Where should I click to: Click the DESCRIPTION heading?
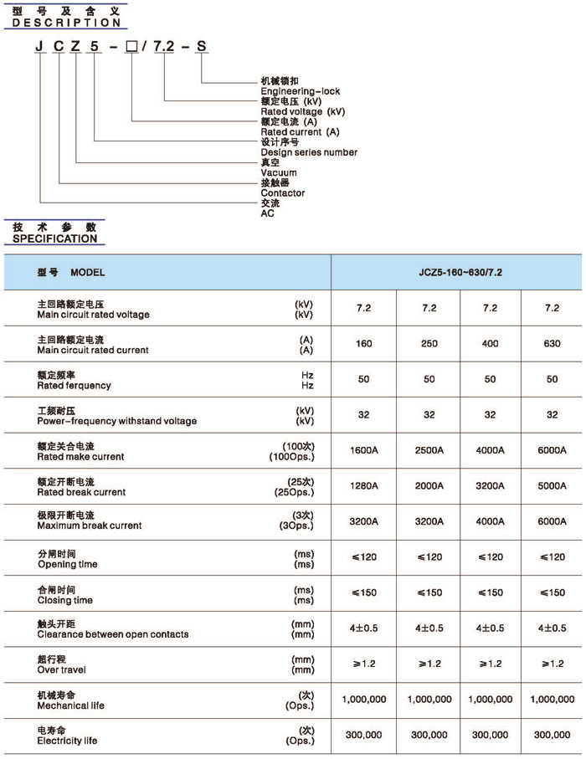[62, 23]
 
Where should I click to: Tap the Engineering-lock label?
[301, 91]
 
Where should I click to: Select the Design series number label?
[309, 152]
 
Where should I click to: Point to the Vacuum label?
[279, 172]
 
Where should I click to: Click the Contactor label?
[283, 193]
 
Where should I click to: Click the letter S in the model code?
[200, 48]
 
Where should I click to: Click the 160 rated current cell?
[363, 344]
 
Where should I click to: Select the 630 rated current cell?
[552, 344]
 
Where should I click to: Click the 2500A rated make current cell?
[428, 450]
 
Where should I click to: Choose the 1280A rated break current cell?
[363, 486]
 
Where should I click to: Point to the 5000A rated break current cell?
[552, 486]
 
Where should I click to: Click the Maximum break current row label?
[90, 526]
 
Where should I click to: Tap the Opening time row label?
[67, 565]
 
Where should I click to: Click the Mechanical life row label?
[71, 705]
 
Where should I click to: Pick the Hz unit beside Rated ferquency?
[307, 386]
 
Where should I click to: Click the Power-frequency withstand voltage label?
[116, 421]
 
